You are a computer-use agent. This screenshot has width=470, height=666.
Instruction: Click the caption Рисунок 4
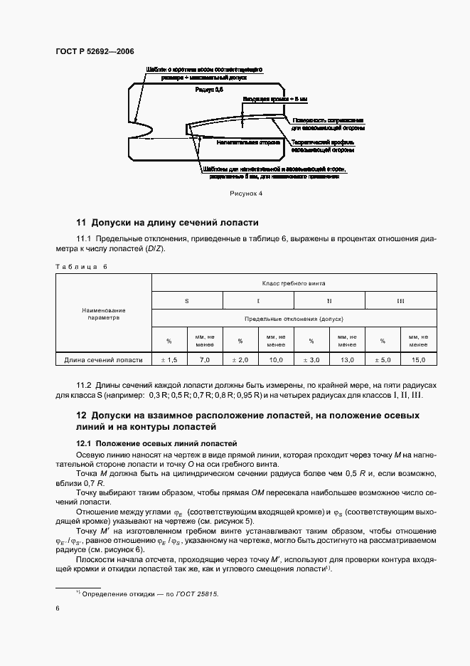[x=246, y=193]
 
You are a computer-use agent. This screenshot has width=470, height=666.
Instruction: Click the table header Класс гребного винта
[x=293, y=283]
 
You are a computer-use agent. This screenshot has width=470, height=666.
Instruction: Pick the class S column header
[x=187, y=301]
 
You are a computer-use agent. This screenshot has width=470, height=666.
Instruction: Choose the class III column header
[x=400, y=301]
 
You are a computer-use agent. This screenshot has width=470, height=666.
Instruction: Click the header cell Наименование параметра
[x=103, y=314]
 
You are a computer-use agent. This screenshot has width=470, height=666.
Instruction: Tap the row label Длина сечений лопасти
[x=104, y=361]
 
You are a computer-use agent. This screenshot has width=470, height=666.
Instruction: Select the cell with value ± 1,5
[x=169, y=361]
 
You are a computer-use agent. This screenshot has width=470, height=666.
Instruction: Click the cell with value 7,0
[x=205, y=361]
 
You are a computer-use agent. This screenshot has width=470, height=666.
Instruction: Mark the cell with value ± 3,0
[x=311, y=361]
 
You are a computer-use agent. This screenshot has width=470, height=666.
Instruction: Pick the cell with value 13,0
[x=347, y=361]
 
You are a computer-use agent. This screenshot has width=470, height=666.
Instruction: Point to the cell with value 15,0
[x=418, y=361]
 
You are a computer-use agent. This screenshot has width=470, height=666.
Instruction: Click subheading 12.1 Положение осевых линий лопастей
[x=156, y=443]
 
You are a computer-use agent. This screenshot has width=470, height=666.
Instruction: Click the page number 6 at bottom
[x=58, y=608]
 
